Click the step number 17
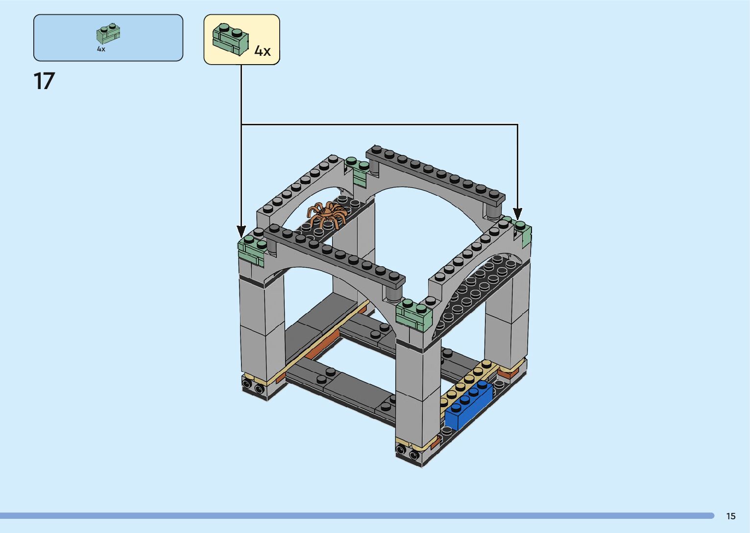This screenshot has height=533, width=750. tap(44, 81)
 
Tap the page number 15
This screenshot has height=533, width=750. tap(730, 516)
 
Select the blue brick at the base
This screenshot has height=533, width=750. tap(469, 405)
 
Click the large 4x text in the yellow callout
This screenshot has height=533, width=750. tap(263, 51)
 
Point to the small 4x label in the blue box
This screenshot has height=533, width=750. tap(101, 49)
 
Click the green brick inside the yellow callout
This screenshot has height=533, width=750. tap(230, 39)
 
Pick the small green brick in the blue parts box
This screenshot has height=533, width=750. tap(108, 33)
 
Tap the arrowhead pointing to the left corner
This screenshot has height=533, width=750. tap(241, 232)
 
